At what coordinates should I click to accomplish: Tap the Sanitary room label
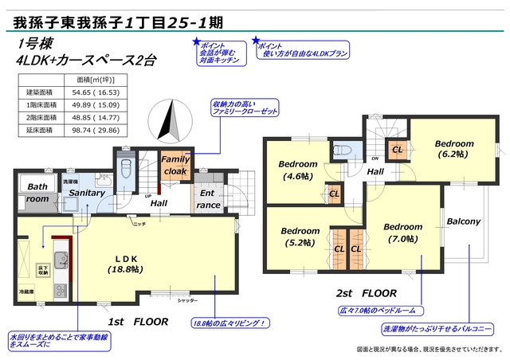(86, 193)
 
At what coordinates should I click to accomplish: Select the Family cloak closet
(175, 165)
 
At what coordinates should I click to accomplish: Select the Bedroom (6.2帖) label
(453, 149)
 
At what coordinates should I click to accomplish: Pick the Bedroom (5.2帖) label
(300, 237)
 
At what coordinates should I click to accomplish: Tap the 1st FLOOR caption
(138, 322)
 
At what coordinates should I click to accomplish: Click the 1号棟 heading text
(31, 44)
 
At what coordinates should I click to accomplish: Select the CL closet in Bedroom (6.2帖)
(396, 149)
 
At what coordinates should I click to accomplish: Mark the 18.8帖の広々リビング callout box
(229, 323)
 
